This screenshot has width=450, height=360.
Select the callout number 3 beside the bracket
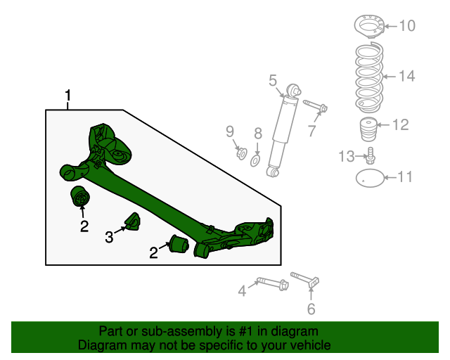(110, 238)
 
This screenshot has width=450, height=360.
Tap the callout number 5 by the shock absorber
(273, 81)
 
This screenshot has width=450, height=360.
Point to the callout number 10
(407, 27)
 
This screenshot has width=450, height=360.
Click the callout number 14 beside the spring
(407, 76)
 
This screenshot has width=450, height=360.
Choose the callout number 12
(400, 125)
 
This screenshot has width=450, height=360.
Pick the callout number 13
(346, 156)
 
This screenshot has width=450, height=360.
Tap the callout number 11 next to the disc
(405, 176)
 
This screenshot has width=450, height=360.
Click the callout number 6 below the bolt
(311, 308)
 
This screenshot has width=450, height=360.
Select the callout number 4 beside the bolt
(242, 289)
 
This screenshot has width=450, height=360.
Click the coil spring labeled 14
(368, 77)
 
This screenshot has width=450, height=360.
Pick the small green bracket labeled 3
(131, 222)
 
